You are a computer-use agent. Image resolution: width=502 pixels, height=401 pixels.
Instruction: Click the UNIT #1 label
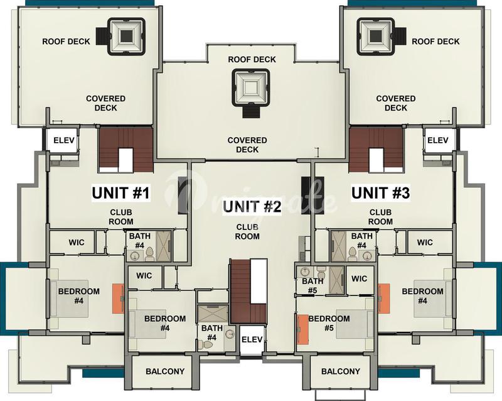tap(120, 193)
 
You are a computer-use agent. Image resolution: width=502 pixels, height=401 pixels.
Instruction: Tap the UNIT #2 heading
tap(252, 206)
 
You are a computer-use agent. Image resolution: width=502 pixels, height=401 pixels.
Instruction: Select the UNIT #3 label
tap(381, 193)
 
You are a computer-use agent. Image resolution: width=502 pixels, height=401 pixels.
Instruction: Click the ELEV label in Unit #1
tap(64, 140)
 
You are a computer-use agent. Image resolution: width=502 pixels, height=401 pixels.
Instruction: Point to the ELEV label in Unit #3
tap(437, 140)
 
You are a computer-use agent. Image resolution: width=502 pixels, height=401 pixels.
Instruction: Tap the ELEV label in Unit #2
tap(252, 339)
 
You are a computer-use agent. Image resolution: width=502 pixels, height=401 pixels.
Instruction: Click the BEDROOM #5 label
tap(329, 323)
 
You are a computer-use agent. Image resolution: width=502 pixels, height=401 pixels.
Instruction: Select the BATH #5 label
tap(312, 286)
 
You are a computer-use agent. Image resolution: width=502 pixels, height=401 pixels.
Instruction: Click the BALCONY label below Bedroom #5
tap(341, 371)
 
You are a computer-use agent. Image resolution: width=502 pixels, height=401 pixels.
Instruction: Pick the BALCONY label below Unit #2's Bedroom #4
tap(165, 371)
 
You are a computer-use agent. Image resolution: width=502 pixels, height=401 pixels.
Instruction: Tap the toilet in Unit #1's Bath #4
tap(149, 254)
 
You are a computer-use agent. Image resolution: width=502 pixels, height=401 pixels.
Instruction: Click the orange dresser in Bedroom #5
tap(302, 329)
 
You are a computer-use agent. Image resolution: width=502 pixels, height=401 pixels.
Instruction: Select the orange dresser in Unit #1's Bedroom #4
tap(118, 299)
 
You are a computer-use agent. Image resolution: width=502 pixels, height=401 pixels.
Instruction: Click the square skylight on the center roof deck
tap(250, 87)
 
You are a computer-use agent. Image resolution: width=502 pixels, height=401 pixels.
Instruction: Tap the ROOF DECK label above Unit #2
tap(252, 59)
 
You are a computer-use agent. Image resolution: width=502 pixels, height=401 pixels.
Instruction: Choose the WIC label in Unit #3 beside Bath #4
tap(425, 242)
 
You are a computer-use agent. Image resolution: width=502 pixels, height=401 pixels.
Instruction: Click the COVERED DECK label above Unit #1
tap(105, 103)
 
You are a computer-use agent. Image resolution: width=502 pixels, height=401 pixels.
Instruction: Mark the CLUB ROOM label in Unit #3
tap(380, 217)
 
